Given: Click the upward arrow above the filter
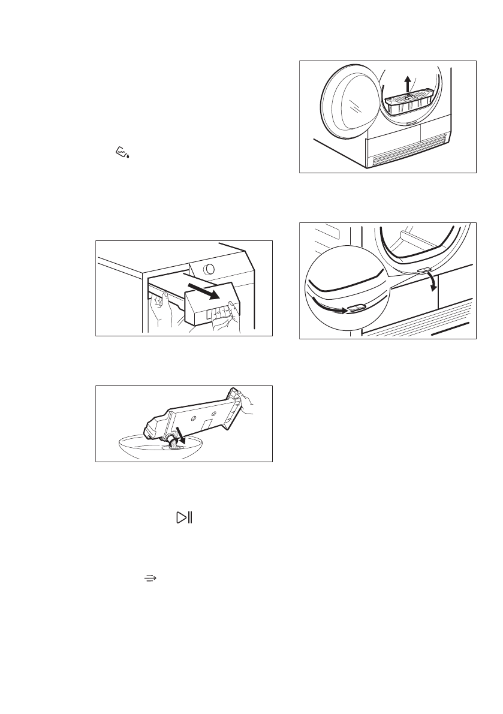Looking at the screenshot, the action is tap(408, 82).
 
